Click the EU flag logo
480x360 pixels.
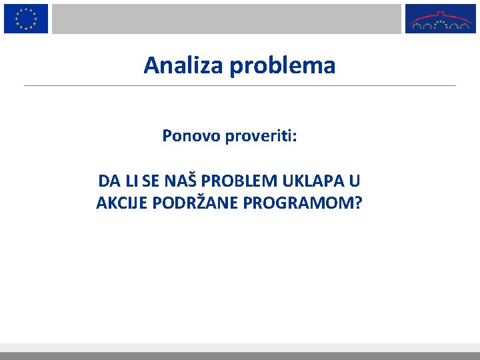click(26, 19)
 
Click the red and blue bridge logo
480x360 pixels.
click(441, 19)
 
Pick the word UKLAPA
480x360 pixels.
click(312, 181)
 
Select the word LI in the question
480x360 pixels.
click(130, 181)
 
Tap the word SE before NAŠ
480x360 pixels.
click(151, 181)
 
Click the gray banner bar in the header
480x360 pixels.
click(227, 19)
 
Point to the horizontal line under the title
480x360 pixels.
click(240, 85)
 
